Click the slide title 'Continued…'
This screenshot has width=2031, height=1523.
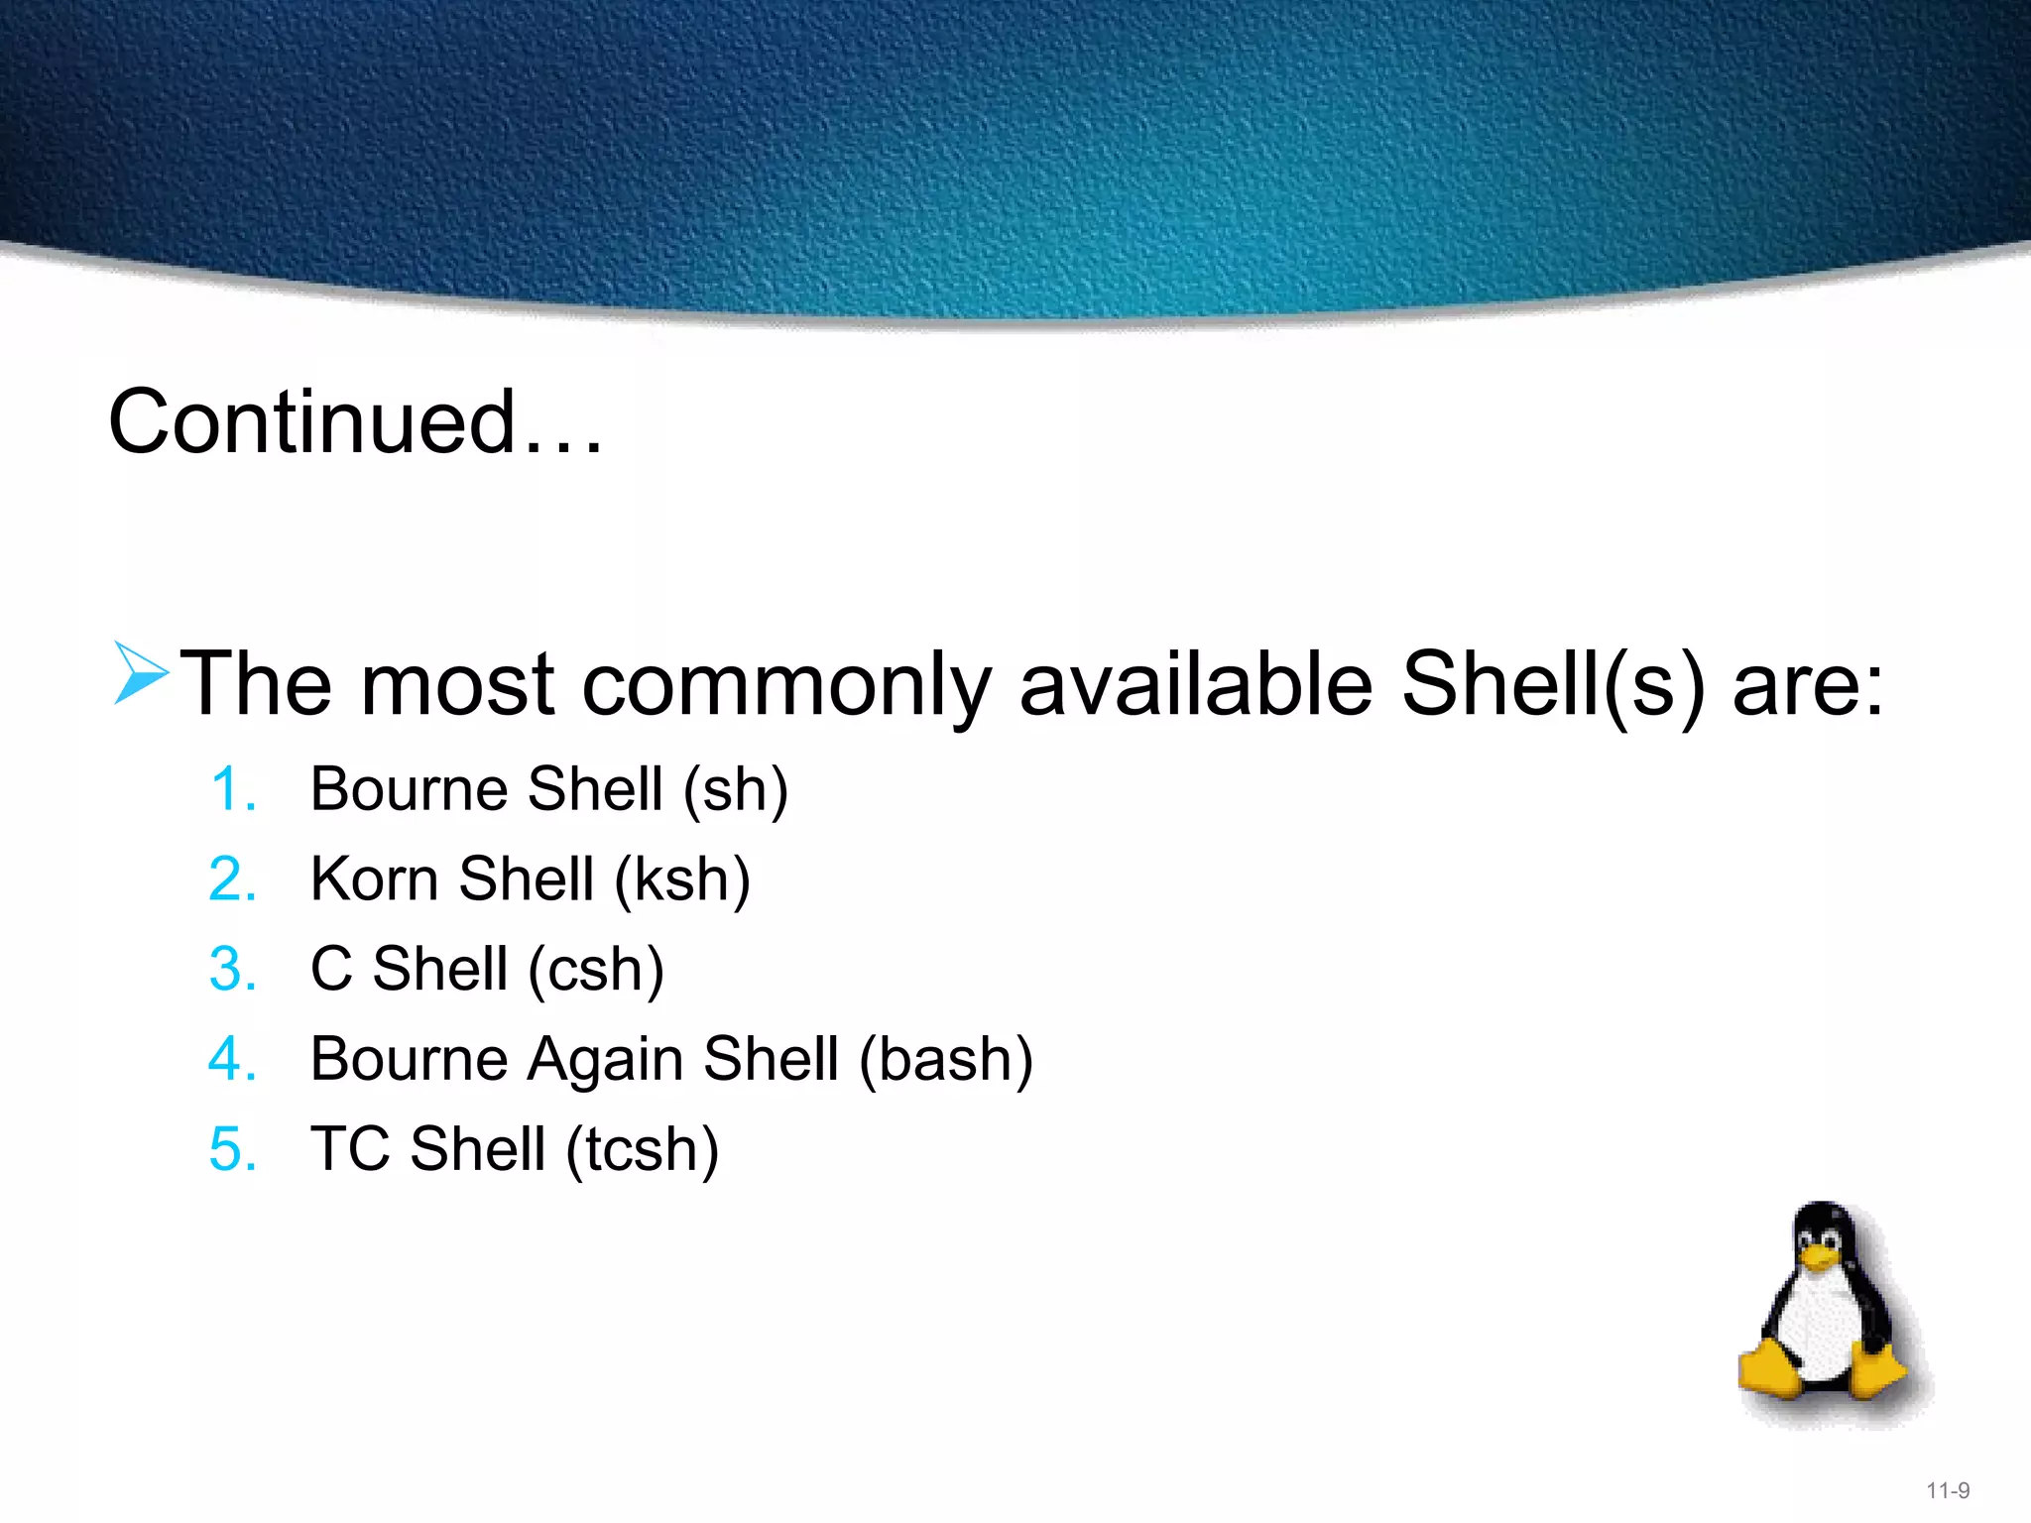click(x=355, y=423)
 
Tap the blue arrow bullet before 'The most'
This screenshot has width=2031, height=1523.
click(x=140, y=673)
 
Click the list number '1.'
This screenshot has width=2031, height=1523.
click(x=234, y=790)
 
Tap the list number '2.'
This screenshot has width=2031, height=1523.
click(x=234, y=880)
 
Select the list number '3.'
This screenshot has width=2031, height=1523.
click(x=234, y=970)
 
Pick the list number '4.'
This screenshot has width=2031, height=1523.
click(x=234, y=1060)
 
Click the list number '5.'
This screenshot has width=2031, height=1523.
click(x=234, y=1150)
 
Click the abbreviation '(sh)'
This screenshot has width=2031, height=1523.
click(x=736, y=791)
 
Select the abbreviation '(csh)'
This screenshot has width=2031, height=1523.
click(x=596, y=971)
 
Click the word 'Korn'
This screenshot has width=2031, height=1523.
click(x=374, y=879)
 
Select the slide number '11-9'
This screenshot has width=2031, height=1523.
click(x=1948, y=1490)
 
